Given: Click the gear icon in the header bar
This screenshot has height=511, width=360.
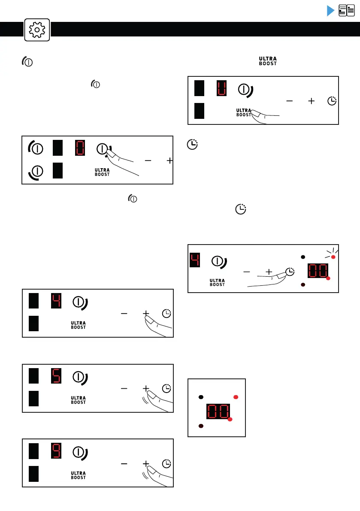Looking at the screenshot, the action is click(37, 30).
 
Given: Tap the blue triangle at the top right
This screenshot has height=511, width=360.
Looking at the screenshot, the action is click(330, 11).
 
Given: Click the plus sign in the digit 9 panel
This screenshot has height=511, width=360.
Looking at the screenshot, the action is click(145, 464).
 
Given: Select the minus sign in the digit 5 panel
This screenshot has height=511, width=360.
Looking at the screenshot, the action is click(124, 389).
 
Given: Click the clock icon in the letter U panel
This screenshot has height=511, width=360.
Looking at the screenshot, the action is click(332, 101).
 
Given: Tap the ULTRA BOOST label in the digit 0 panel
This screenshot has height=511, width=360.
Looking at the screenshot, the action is click(102, 172).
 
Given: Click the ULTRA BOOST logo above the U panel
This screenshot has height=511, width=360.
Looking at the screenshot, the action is click(267, 60).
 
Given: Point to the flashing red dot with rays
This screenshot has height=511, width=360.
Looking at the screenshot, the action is click(333, 257).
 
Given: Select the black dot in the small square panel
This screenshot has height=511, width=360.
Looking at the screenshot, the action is click(200, 397).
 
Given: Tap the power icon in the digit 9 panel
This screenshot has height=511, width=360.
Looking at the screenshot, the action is click(79, 452).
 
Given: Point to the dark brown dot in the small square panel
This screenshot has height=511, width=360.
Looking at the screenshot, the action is click(200, 426).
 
